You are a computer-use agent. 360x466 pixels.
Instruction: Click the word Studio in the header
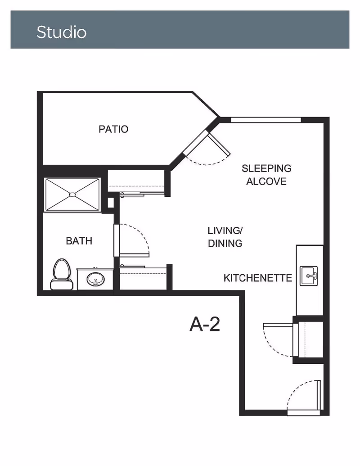(x=62, y=32)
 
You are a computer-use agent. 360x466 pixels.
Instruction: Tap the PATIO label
(x=113, y=129)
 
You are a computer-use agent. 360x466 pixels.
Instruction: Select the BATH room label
(x=79, y=241)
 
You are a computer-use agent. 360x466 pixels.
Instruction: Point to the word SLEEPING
(x=266, y=168)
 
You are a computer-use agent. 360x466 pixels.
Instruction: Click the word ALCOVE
(x=266, y=181)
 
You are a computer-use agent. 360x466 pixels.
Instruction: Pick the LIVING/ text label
(x=225, y=231)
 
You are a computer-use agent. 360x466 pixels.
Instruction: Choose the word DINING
(x=225, y=244)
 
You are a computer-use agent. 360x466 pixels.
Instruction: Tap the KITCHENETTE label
(x=258, y=278)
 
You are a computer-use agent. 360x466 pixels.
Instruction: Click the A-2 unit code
(x=205, y=324)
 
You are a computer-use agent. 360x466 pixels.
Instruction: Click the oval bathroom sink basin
(x=96, y=279)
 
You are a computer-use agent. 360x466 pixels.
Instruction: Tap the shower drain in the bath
(x=72, y=195)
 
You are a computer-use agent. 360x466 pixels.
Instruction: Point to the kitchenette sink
(x=309, y=276)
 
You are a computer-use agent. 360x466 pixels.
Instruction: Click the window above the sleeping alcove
(x=266, y=120)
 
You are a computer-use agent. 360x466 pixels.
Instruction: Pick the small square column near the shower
(x=111, y=203)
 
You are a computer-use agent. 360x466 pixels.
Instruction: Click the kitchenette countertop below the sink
(x=310, y=301)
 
